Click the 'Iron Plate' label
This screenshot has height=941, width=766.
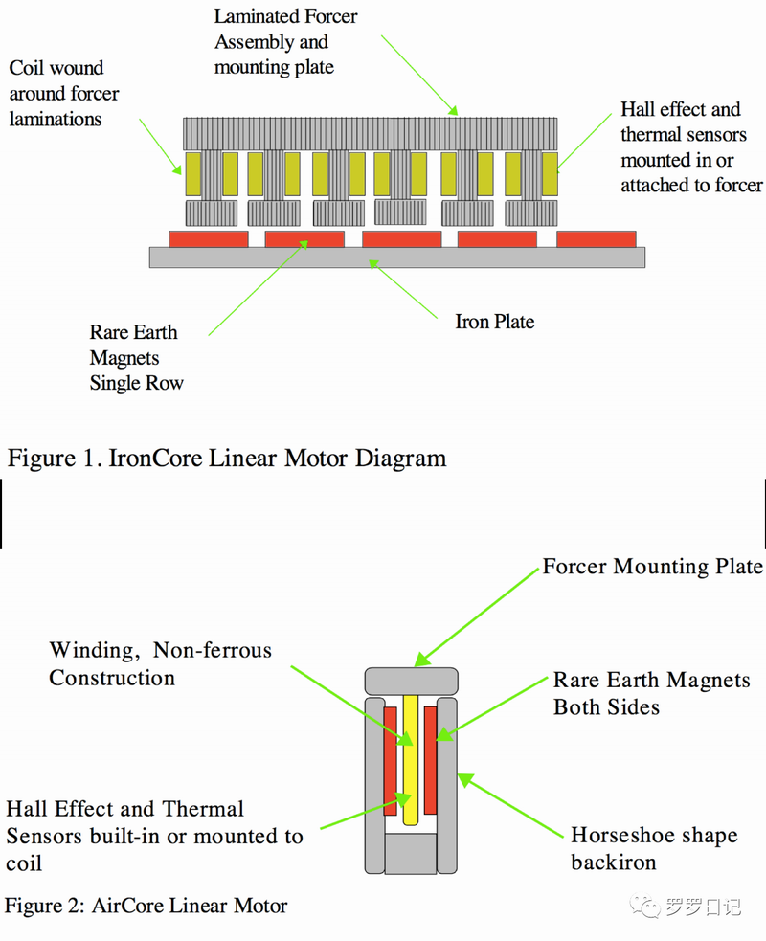[x=494, y=322]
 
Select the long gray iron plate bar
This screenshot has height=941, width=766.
[x=396, y=258]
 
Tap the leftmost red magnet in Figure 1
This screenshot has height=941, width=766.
[x=208, y=238]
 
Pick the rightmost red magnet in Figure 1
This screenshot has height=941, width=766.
[x=596, y=238]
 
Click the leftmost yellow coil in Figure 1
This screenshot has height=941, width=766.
[x=192, y=173]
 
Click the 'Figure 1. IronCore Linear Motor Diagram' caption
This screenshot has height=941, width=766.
[x=227, y=458]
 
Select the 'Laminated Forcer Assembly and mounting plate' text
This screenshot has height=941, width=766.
[x=285, y=42]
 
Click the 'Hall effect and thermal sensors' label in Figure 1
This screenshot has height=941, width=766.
[x=690, y=147]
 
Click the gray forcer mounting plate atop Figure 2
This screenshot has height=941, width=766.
[x=412, y=680]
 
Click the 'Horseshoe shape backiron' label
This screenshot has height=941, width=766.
[x=654, y=848]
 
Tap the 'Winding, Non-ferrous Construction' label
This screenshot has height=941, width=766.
[x=160, y=664]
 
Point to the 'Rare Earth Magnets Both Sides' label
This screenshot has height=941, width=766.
[x=651, y=694]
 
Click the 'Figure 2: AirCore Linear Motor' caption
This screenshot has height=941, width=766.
[x=146, y=905]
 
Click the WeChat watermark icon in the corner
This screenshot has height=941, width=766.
[x=648, y=906]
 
